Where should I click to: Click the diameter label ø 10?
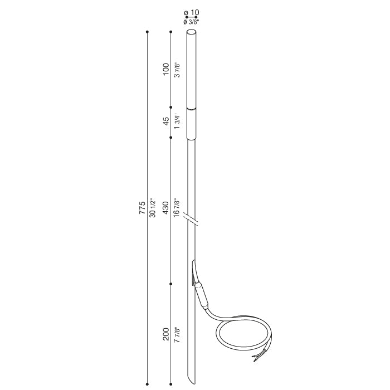coord(191,12)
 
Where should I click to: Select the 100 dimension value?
coord(165,69)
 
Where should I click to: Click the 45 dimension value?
coord(165,122)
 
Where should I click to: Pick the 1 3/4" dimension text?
coord(177,122)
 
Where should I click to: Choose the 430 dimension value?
coord(165,208)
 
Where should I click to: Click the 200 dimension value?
coord(165,334)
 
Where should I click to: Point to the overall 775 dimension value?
coord(142,208)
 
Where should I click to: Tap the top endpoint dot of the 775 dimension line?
coord(147,32)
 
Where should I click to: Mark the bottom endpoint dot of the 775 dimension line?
coord(147,383)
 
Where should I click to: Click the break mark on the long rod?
coord(192,220)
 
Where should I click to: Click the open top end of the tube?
coord(191,33)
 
